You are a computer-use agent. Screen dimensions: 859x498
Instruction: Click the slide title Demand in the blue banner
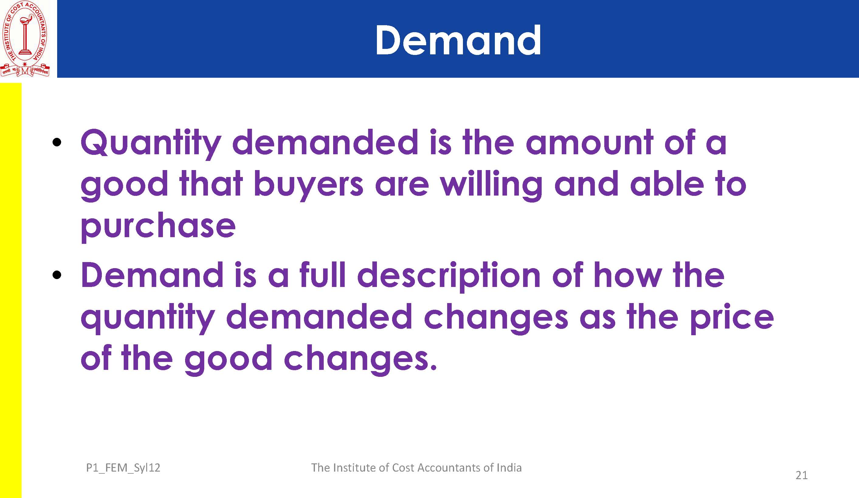[x=458, y=40]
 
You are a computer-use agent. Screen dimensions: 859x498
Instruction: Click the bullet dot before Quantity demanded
[x=57, y=142]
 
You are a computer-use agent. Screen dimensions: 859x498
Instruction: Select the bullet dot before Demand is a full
[x=57, y=275]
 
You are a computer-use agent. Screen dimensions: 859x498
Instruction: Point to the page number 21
[x=801, y=475]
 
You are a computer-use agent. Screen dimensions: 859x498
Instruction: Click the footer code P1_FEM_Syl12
[x=123, y=468]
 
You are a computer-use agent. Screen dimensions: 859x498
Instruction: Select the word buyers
[x=308, y=185]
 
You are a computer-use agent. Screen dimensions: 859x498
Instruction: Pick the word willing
[x=491, y=185]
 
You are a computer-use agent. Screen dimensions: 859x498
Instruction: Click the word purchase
[x=158, y=226]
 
